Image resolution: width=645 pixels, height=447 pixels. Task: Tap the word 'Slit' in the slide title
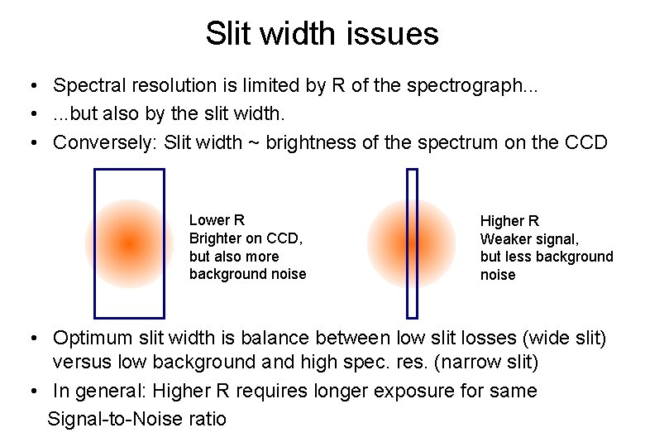click(225, 34)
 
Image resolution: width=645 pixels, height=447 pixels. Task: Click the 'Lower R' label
click(217, 220)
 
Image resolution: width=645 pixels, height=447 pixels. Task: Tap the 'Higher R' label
click(509, 221)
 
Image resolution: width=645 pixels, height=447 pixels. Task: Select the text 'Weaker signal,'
click(529, 239)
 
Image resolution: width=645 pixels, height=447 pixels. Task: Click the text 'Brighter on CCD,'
click(246, 238)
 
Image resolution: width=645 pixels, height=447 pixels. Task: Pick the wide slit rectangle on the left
click(130, 174)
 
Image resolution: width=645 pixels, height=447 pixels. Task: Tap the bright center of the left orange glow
click(128, 243)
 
